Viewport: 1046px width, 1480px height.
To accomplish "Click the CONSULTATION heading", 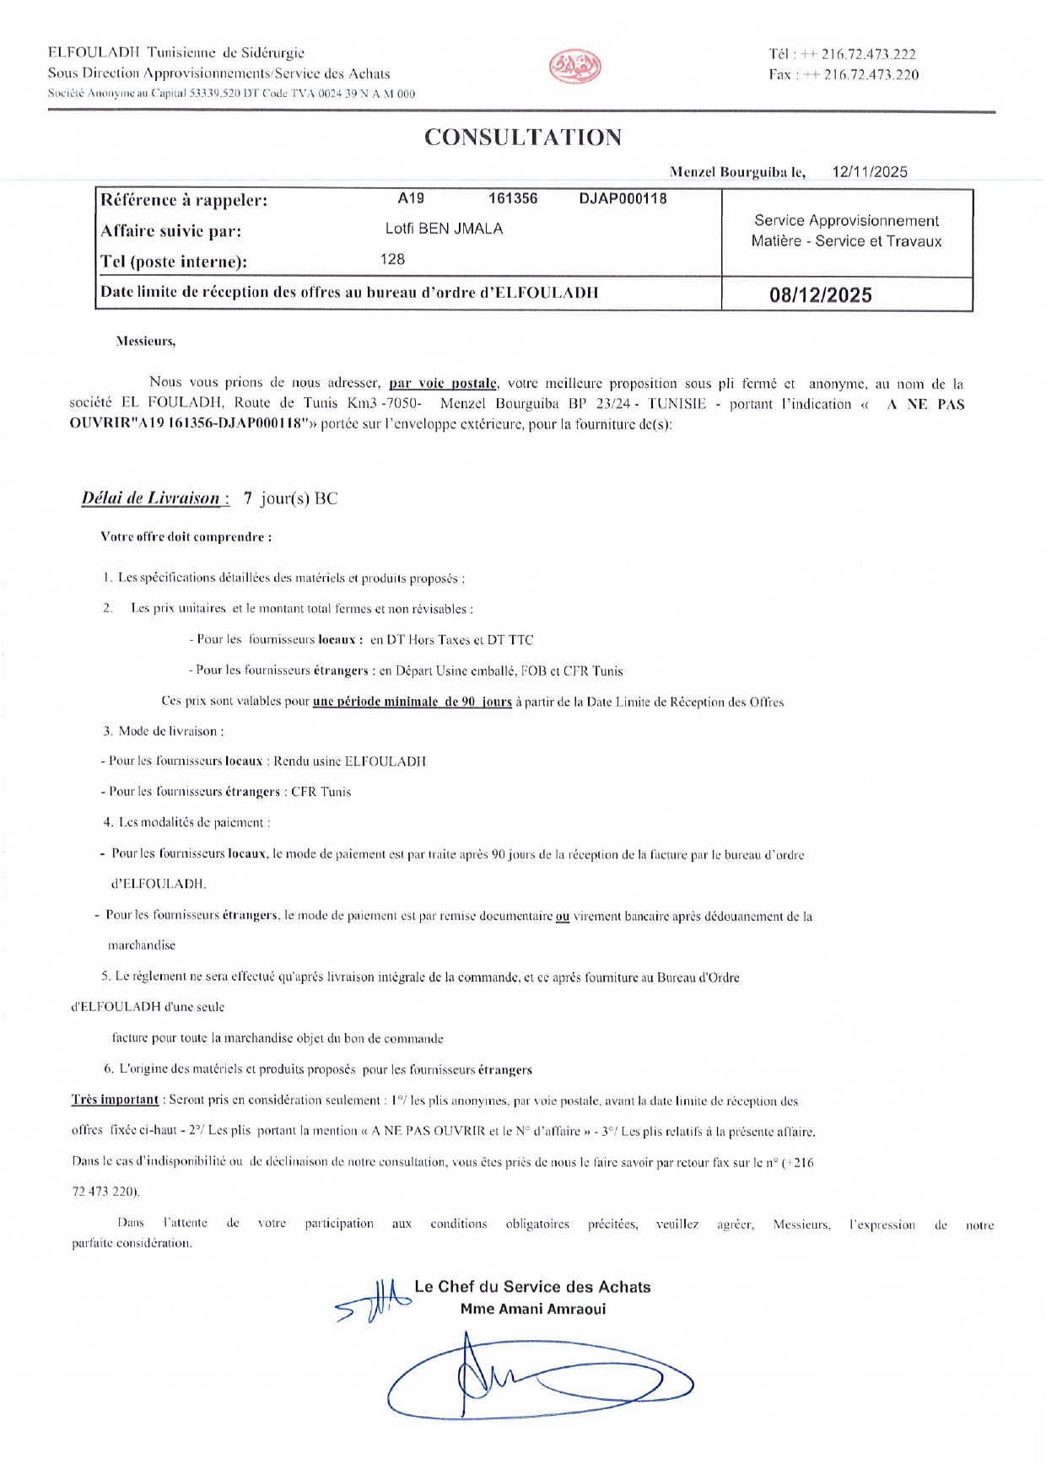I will [x=523, y=137].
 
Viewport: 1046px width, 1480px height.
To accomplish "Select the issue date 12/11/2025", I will [x=870, y=172].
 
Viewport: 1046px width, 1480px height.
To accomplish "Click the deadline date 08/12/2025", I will [x=821, y=295].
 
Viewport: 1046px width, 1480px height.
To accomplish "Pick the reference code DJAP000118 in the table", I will [x=623, y=199].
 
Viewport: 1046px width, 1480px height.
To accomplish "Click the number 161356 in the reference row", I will [x=513, y=199].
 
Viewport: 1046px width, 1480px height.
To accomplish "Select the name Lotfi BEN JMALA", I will [x=444, y=229].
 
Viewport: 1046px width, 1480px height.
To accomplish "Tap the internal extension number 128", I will [x=393, y=259].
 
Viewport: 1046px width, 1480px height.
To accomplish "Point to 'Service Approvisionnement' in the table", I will [x=846, y=221].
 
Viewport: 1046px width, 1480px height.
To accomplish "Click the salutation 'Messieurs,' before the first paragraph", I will [x=146, y=342].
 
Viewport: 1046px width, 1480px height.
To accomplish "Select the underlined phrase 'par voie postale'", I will [x=443, y=383].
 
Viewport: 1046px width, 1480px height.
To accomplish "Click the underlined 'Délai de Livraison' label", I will [x=151, y=498].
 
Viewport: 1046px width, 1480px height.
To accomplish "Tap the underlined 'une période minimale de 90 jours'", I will [x=412, y=702].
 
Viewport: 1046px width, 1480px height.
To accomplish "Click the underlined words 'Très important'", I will [x=116, y=1100].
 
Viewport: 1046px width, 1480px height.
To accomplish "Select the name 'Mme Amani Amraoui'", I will [x=533, y=1309].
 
